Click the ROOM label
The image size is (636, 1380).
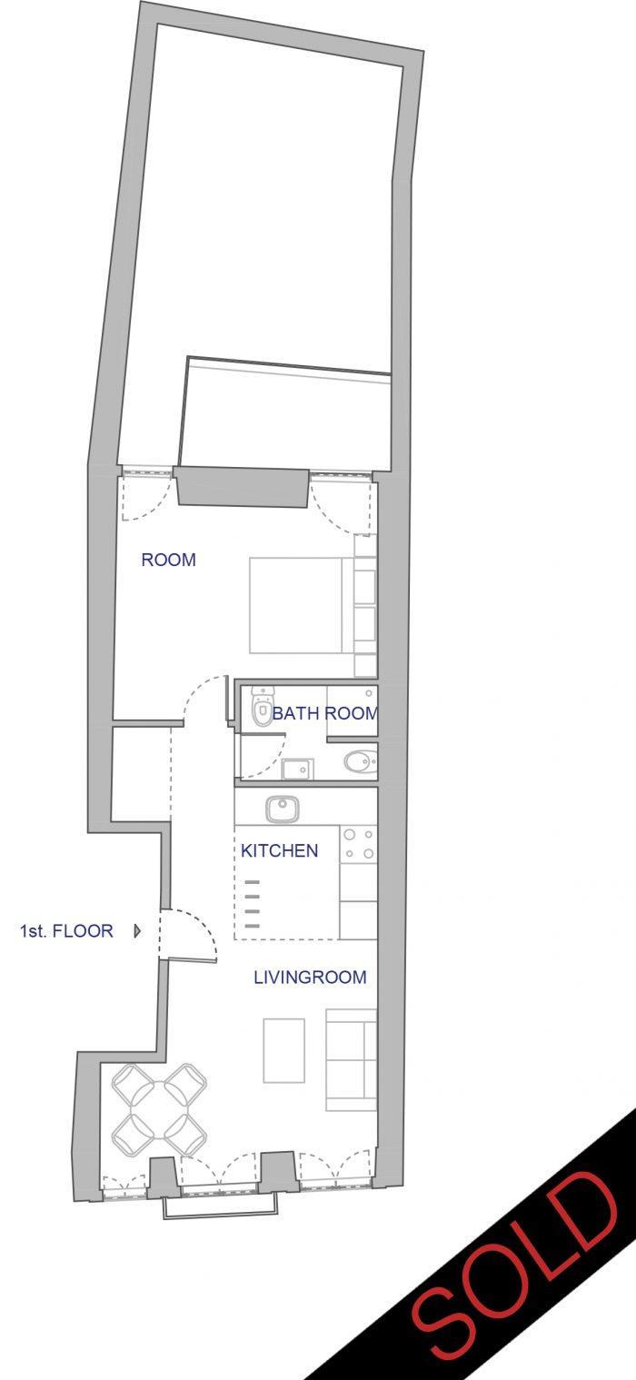(168, 560)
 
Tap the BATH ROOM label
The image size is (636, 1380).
(324, 713)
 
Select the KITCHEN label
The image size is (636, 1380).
(279, 850)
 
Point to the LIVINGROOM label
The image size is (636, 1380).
(310, 978)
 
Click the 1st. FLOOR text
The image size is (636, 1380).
(66, 931)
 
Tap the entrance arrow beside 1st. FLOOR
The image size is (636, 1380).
(137, 931)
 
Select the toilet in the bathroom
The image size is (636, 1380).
(262, 708)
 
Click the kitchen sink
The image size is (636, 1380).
(283, 809)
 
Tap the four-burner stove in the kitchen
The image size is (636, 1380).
(359, 844)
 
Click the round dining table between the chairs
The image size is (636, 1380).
(159, 1109)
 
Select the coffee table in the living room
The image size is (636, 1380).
(284, 1050)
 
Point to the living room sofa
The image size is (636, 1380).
(352, 1059)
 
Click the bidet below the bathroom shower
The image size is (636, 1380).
(360, 763)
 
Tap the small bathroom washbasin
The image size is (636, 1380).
(297, 769)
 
